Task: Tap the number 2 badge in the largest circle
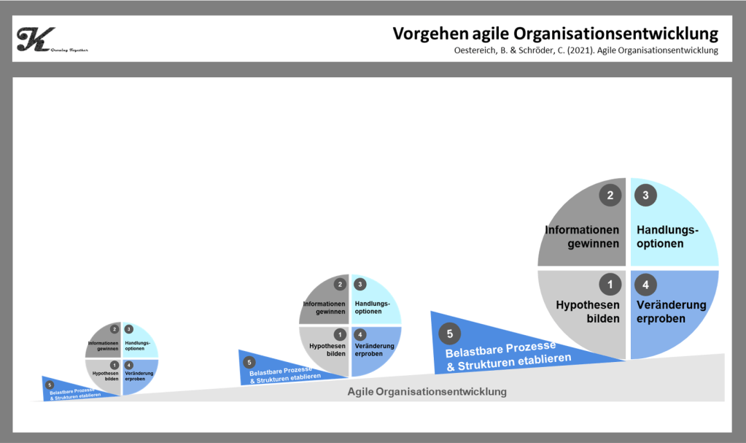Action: coord(610,195)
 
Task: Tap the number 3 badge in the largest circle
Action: coord(645,195)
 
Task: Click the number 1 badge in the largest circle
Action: coord(610,283)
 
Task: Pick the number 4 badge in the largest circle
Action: coord(645,283)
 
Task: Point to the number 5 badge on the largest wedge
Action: coord(450,334)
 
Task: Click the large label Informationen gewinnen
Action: coord(582,237)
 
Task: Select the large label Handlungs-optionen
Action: coord(667,237)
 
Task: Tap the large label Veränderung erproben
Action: coord(671,312)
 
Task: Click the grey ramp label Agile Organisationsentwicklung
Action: coord(427,392)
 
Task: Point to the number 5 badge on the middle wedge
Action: coord(249,362)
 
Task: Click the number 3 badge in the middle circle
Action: coord(360,285)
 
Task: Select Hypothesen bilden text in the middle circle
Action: coord(327,350)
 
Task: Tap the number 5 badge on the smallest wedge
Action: coord(49,385)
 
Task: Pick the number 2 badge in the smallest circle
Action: coord(114,329)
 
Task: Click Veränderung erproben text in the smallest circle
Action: coord(139,376)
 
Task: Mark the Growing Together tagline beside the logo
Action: coord(70,50)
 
